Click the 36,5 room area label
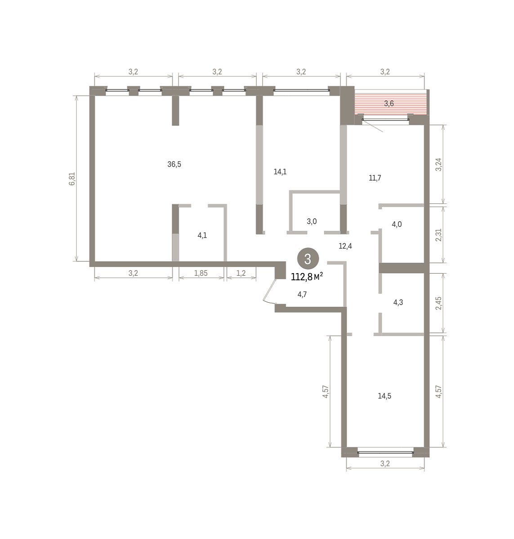click(174, 164)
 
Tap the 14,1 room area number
click(280, 172)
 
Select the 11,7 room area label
click(375, 178)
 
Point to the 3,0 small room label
click(312, 221)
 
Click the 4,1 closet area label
click(202, 235)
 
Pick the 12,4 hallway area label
click(345, 246)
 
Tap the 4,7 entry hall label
click(302, 295)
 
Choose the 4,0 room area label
click(397, 224)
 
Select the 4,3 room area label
click(398, 302)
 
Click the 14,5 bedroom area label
click(384, 396)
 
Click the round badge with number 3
click(308, 259)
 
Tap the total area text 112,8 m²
click(307, 277)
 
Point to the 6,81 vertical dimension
click(72, 179)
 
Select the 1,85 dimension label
click(201, 273)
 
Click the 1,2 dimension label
click(241, 273)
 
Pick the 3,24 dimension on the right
click(439, 164)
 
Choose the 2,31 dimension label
click(439, 235)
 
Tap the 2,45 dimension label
click(439, 303)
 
